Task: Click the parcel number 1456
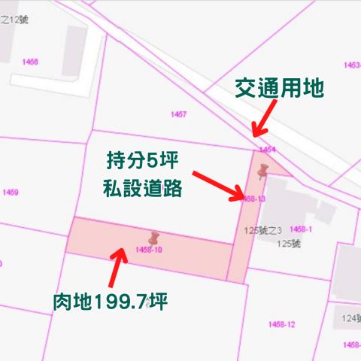pyautogui.click(x=30, y=62)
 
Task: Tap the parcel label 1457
pyautogui.click(x=178, y=114)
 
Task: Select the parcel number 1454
pyautogui.click(x=268, y=150)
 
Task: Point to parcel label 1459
pyautogui.click(x=11, y=193)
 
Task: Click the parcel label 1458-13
pyautogui.click(x=254, y=199)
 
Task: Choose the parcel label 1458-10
pyautogui.click(x=149, y=249)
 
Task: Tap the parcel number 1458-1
pyautogui.click(x=301, y=229)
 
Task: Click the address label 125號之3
pyautogui.click(x=263, y=229)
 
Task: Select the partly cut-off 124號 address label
pyautogui.click(x=350, y=318)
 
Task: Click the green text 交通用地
pyautogui.click(x=280, y=88)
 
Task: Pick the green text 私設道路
pyautogui.click(x=142, y=188)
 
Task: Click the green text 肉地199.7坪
pyautogui.click(x=109, y=302)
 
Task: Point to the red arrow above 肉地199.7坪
pyautogui.click(x=117, y=264)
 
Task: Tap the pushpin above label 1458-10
pyautogui.click(x=153, y=238)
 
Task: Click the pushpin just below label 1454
pyautogui.click(x=262, y=171)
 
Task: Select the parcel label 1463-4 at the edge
pyautogui.click(x=352, y=65)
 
